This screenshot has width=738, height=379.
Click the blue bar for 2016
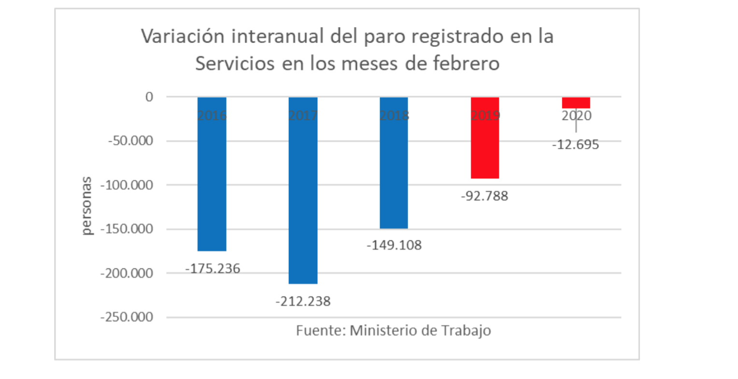pyautogui.click(x=212, y=174)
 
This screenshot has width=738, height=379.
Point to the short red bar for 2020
pyautogui.click(x=576, y=102)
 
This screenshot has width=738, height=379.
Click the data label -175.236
pyautogui.click(x=213, y=268)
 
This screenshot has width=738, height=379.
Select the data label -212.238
pyautogui.click(x=303, y=302)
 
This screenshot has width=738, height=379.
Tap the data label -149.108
pyautogui.click(x=394, y=245)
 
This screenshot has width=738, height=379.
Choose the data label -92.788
pyautogui.click(x=485, y=196)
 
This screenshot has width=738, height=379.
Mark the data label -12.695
pyautogui.click(x=576, y=145)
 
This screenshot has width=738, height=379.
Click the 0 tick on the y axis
pyautogui.click(x=149, y=97)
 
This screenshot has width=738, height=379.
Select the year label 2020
pyautogui.click(x=576, y=116)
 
